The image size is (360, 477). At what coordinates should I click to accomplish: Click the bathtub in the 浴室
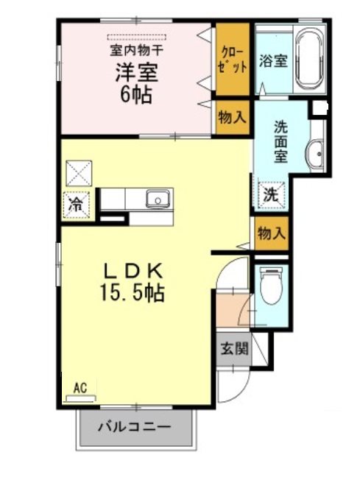pyautogui.click(x=309, y=60)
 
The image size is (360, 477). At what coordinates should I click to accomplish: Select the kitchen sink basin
pyautogui.click(x=158, y=199)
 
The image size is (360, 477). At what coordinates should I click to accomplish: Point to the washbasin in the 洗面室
pyautogui.click(x=315, y=154)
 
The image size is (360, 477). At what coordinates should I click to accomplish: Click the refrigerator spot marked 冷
pyautogui.click(x=76, y=205)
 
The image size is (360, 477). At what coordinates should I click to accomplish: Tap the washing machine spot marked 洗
pyautogui.click(x=271, y=194)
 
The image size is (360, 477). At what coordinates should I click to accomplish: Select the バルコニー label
pyautogui.click(x=134, y=428)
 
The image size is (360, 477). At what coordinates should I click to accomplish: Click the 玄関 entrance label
pyautogui.click(x=234, y=348)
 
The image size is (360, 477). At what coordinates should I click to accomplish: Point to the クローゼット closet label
pyautogui.click(x=233, y=59)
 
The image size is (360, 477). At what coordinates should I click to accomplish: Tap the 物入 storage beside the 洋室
pyautogui.click(x=233, y=117)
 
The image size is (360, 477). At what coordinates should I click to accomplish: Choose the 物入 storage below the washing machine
pyautogui.click(x=272, y=233)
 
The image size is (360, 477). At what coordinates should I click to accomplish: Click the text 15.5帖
pyautogui.click(x=132, y=293)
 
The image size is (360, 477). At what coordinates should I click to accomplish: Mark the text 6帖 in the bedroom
pyautogui.click(x=136, y=95)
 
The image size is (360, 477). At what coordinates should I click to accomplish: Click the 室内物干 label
pyautogui.click(x=136, y=51)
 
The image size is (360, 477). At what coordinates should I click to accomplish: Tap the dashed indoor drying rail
pyautogui.click(x=137, y=38)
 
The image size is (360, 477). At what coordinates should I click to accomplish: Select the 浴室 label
pyautogui.click(x=273, y=60)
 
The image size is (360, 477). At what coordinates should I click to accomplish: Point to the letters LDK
pyautogui.click(x=133, y=270)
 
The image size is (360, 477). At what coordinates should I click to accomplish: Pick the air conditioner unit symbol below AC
pyautogui.click(x=81, y=398)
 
